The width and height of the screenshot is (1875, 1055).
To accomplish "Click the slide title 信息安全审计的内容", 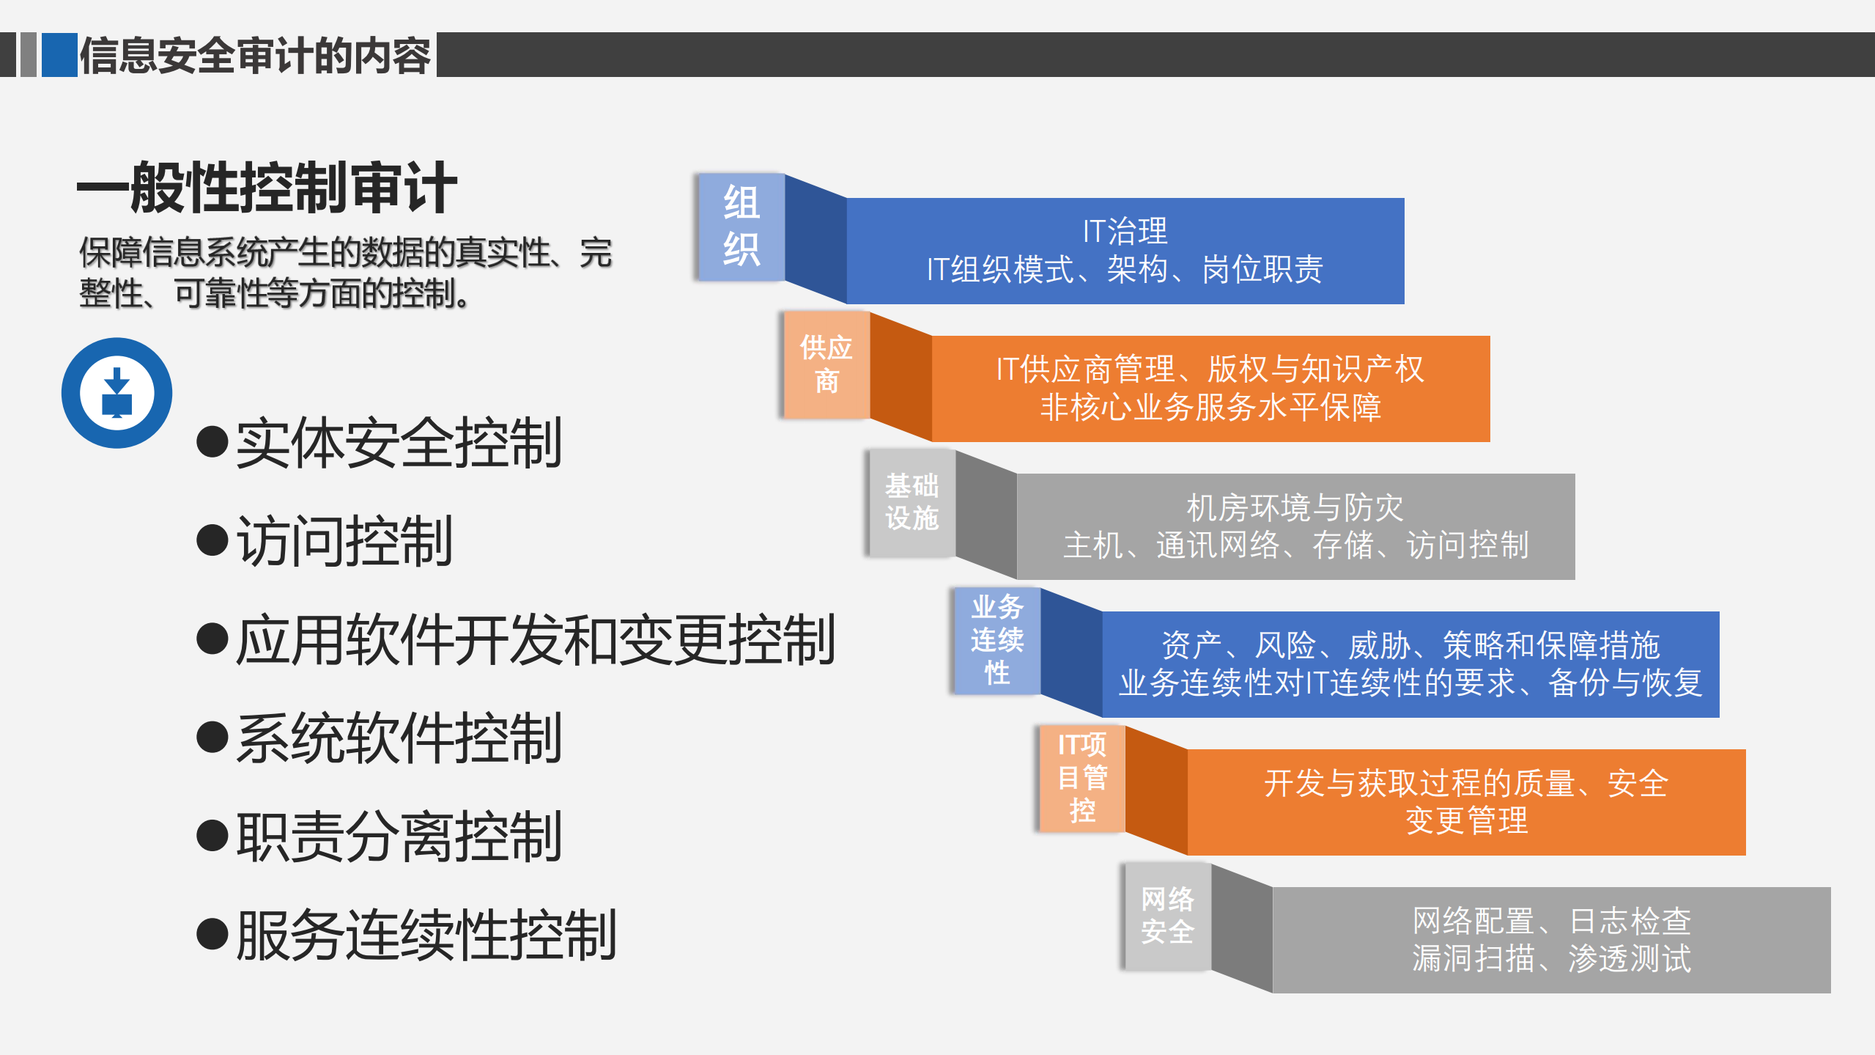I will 255,56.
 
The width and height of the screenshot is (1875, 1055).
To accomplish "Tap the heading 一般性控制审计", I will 267,188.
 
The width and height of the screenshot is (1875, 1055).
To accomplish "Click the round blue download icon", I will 117,393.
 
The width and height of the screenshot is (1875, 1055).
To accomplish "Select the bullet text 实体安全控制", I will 399,442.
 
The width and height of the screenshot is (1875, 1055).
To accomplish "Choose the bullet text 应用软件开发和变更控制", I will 536,639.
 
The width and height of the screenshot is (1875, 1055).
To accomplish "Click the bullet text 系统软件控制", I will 399,738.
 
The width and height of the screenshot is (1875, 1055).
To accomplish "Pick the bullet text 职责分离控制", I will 399,837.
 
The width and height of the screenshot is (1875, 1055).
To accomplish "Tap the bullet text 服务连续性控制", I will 426,935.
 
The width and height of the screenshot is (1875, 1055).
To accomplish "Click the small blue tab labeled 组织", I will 741,227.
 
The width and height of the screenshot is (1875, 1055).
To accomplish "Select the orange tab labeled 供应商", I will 826,364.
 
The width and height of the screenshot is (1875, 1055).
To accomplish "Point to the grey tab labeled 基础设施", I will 911,502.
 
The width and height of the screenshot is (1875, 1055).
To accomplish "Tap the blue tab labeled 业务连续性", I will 996,640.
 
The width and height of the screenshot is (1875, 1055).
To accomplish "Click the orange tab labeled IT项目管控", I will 1081,778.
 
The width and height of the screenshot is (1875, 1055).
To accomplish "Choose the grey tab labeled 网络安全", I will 1167,916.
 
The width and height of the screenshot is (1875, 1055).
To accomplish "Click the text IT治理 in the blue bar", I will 1125,232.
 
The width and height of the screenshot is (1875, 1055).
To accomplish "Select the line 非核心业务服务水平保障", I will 1210,408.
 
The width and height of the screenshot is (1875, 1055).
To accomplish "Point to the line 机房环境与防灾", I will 1295,507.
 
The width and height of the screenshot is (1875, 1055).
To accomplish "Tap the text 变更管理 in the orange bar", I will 1466,820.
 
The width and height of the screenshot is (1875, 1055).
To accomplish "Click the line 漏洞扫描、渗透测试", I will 1551,959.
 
